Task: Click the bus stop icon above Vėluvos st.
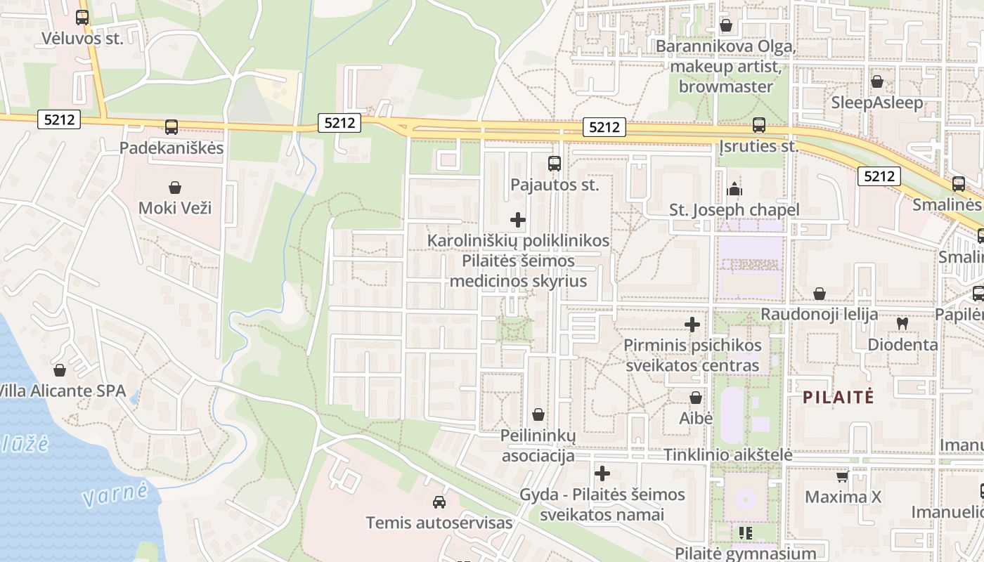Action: pyautogui.click(x=82, y=18)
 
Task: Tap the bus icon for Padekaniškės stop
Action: pyautogui.click(x=171, y=127)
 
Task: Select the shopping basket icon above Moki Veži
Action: pyautogui.click(x=175, y=188)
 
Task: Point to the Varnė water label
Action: pyautogui.click(x=115, y=494)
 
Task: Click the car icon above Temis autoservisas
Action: pyautogui.click(x=439, y=502)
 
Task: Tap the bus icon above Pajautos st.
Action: pyautogui.click(x=555, y=164)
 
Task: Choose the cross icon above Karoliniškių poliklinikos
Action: pyautogui.click(x=518, y=220)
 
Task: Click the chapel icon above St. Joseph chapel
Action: pyautogui.click(x=734, y=189)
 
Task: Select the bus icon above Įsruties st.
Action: pyautogui.click(x=759, y=125)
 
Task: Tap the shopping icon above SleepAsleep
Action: pyautogui.click(x=877, y=81)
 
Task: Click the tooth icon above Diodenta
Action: pyautogui.click(x=902, y=324)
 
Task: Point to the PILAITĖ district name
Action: pyautogui.click(x=839, y=397)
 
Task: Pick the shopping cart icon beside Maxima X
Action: pyautogui.click(x=843, y=477)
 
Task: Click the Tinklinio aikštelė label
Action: pyautogui.click(x=728, y=455)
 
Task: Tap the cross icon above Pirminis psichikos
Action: pyautogui.click(x=692, y=325)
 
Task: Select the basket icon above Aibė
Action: pyautogui.click(x=696, y=398)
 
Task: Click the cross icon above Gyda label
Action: pyautogui.click(x=602, y=473)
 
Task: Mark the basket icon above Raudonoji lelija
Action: pyautogui.click(x=820, y=294)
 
